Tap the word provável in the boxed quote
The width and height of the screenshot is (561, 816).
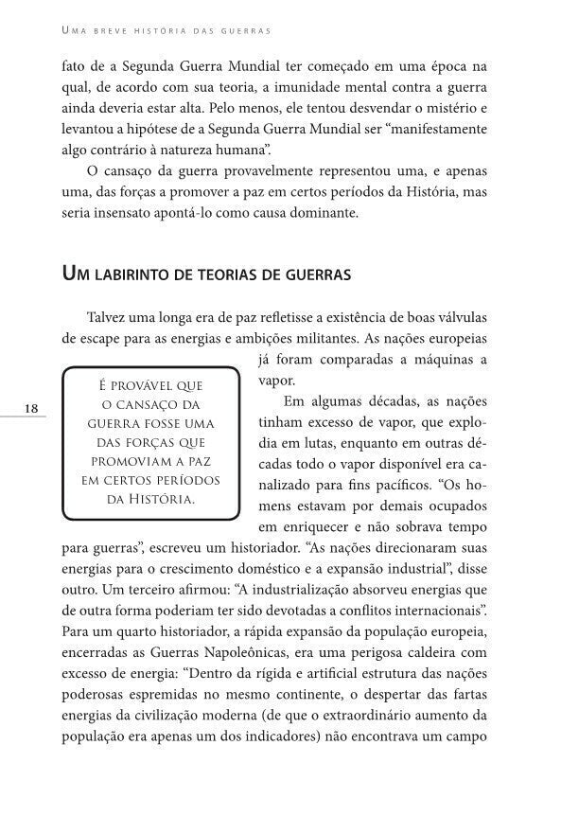139,384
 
